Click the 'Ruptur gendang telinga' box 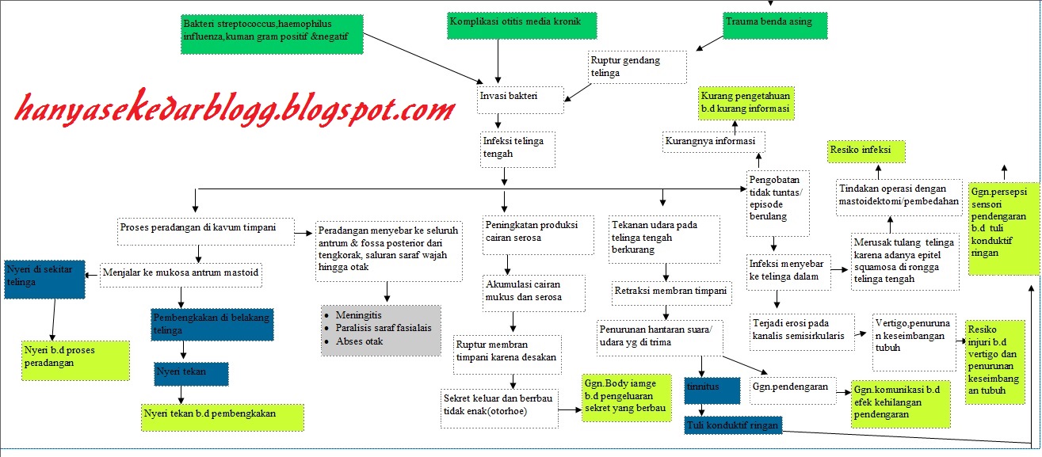[x=637, y=67]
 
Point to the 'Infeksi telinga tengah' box [x=517, y=148]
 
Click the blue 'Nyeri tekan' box [x=191, y=374]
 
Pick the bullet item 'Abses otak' [x=364, y=341]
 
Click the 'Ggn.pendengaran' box [x=792, y=389]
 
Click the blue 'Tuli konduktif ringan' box [x=733, y=425]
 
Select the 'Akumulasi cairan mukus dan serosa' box [x=534, y=291]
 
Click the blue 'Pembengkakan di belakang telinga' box [x=212, y=324]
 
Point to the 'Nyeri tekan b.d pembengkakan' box [x=223, y=417]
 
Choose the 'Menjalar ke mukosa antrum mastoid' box [x=181, y=274]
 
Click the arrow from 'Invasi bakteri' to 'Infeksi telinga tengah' [x=498, y=121]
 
